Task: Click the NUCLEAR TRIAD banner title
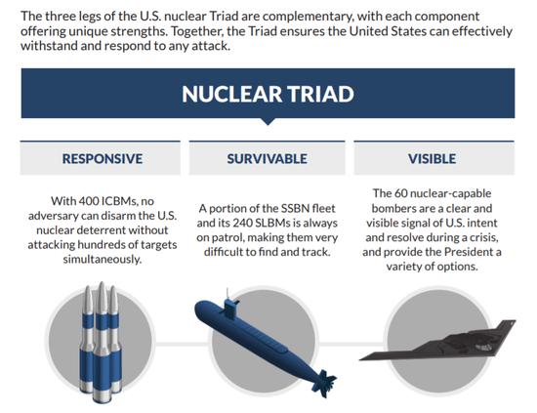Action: point(268,94)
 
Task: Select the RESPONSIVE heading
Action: point(103,159)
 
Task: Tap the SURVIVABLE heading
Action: point(268,159)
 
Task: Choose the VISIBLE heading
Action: point(432,159)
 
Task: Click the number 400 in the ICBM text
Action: point(89,201)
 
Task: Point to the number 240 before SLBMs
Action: point(243,223)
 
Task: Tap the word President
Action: point(468,252)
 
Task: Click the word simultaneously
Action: point(103,260)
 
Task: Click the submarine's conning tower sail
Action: point(229,306)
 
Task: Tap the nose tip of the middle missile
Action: point(102,282)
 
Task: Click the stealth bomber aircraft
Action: point(437,341)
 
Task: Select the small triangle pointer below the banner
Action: point(268,122)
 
